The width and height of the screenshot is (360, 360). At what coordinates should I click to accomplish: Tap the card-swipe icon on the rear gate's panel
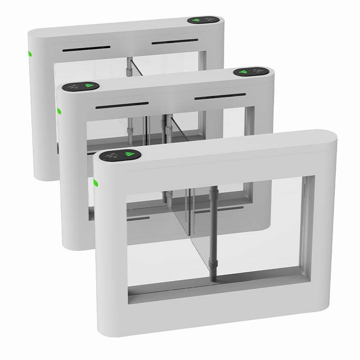click(x=210, y=20)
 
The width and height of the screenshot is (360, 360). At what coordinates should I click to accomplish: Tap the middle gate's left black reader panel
click(x=80, y=85)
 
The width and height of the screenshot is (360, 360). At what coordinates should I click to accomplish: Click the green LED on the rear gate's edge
click(x=30, y=54)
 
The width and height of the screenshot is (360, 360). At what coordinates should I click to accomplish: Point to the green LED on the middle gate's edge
click(x=59, y=111)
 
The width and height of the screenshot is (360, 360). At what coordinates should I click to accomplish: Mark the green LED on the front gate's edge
click(x=95, y=183)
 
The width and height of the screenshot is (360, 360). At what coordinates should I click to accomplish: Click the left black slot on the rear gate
click(x=86, y=48)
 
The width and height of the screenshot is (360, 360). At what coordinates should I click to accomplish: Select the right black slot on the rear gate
click(x=175, y=42)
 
